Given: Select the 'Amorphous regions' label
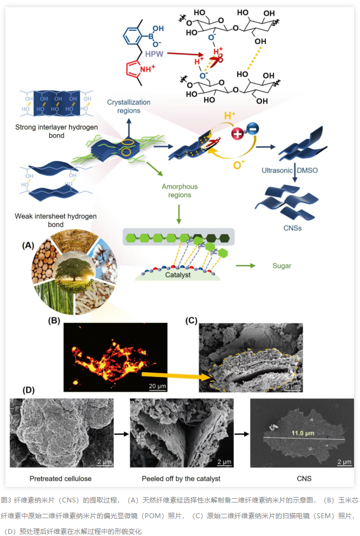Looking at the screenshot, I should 180,191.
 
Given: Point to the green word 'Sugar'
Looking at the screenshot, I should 281,266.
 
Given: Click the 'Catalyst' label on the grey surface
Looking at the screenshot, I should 178,275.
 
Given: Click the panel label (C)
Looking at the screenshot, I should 192,320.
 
